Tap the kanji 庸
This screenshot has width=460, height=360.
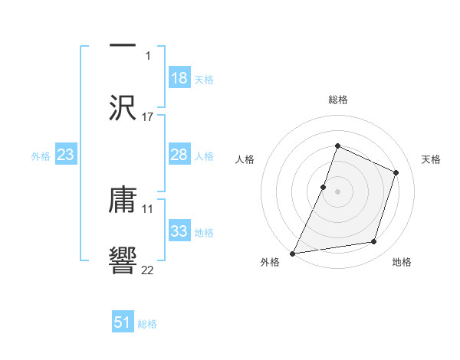123,201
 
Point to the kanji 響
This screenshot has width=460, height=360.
123,259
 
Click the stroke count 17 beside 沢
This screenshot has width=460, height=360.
148,117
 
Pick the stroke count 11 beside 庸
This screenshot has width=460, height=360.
148,208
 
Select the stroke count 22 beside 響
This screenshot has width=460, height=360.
148,269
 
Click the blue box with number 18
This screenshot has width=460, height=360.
179,78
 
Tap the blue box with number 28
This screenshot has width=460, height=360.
179,155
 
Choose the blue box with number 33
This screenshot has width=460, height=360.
179,231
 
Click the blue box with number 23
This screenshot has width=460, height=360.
65,155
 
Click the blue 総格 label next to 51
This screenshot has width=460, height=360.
147,324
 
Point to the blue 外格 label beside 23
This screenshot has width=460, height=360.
41,156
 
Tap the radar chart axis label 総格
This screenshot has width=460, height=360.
338,100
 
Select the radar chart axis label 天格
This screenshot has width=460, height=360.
431,159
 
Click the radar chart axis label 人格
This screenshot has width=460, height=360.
245,159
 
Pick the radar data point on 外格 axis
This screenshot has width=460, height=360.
293,253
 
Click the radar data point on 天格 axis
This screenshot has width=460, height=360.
396,172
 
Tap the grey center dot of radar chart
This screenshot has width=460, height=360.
338,191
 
